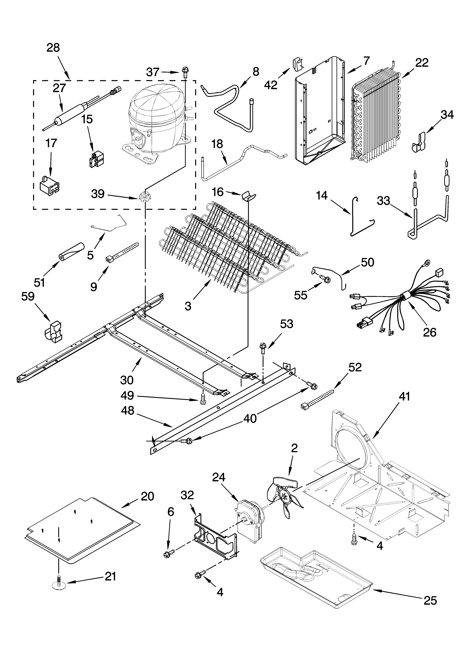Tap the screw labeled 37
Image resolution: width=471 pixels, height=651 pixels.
184,72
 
